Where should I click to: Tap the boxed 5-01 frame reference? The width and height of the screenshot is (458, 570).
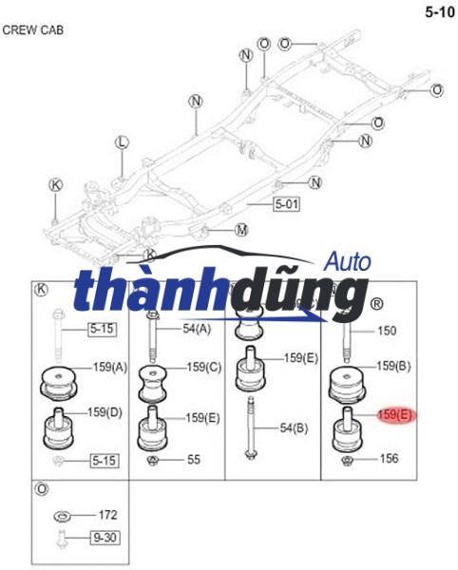(x=286, y=203)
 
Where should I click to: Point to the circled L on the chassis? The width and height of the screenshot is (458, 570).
(x=121, y=142)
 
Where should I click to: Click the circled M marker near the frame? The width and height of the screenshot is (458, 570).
(x=241, y=230)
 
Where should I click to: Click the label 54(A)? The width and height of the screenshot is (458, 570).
(x=199, y=329)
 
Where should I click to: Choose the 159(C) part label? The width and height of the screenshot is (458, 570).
(x=204, y=367)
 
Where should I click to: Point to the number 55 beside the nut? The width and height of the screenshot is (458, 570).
(x=194, y=460)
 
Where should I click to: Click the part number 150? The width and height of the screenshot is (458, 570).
(x=387, y=332)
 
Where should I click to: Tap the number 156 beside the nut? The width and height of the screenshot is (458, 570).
(x=390, y=459)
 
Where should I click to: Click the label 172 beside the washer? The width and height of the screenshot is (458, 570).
(x=107, y=515)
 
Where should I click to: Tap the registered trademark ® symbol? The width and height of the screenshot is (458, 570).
(x=376, y=304)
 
